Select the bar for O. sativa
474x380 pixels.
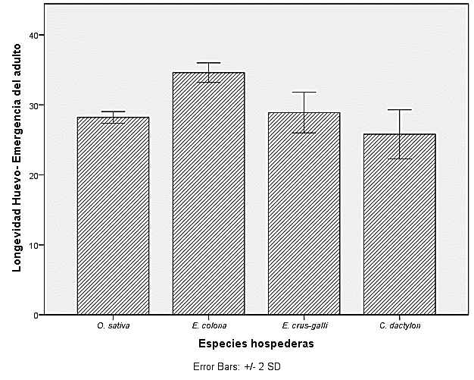[x=113, y=216]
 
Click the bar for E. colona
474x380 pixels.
[x=208, y=193]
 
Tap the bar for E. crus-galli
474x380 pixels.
[x=304, y=213]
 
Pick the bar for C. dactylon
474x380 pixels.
[x=399, y=224]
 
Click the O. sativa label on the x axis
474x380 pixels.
[x=113, y=326]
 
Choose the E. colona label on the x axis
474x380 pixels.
[x=208, y=326]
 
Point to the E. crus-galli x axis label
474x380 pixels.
[x=304, y=326]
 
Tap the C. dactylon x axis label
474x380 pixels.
[x=399, y=326]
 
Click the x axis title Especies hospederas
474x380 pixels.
[x=256, y=344]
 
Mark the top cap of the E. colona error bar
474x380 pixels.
[x=208, y=63]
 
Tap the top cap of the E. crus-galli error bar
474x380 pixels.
[x=304, y=92]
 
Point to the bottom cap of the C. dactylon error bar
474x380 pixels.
[x=399, y=159]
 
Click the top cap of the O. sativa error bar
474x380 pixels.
[x=113, y=111]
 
